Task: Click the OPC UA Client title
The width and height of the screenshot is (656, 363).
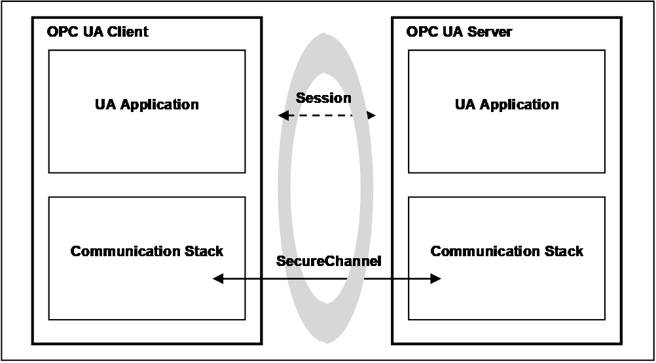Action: tap(98, 32)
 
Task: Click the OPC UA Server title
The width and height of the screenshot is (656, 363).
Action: tap(459, 32)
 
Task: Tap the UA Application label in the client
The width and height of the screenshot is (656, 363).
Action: tap(147, 105)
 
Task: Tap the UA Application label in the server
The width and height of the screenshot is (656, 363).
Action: tap(507, 105)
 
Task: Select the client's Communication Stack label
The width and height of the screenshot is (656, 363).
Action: tap(147, 251)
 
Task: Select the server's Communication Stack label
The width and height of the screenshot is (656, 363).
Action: tap(507, 251)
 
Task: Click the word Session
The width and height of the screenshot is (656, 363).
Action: tap(323, 98)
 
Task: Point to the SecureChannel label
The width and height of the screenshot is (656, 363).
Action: tap(329, 261)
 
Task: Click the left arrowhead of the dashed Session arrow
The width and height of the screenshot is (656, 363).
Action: tap(283, 115)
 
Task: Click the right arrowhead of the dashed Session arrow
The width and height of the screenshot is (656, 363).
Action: tap(371, 115)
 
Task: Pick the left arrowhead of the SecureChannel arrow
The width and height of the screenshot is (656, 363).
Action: tap(218, 278)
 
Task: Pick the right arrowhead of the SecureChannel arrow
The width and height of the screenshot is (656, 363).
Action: tap(436, 278)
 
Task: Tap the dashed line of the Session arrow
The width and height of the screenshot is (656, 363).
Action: tap(327, 115)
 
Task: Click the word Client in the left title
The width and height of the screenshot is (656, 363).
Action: tap(128, 32)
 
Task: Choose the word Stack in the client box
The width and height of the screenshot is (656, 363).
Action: tap(204, 251)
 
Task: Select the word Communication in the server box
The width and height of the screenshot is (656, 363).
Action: tap(485, 251)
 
